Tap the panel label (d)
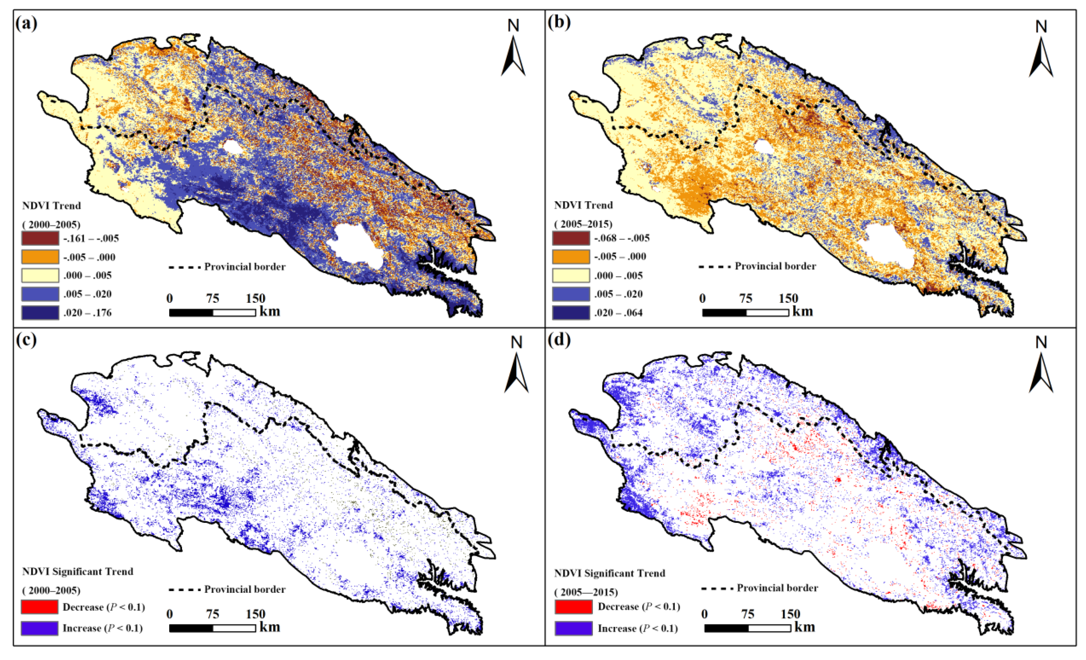click(x=559, y=340)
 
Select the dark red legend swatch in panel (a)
click(x=40, y=238)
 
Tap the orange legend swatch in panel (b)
click(x=571, y=257)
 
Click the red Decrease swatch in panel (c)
click(x=40, y=607)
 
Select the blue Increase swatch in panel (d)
click(x=573, y=628)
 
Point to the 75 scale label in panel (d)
click(x=748, y=614)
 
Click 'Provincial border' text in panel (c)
click(x=245, y=589)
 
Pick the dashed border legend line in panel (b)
click(x=714, y=266)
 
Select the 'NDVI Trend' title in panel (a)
click(x=52, y=206)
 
